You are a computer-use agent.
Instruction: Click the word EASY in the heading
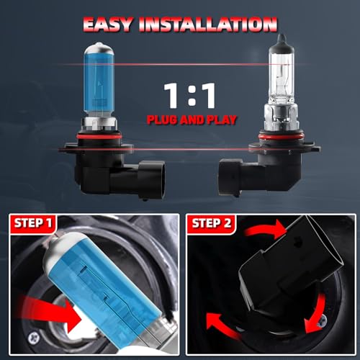pos(107,24)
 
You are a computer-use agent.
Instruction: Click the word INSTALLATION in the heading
pos(208,24)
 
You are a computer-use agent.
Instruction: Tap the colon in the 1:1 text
pos(192,96)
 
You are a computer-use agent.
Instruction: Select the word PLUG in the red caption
pos(162,120)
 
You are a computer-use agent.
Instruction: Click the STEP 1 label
pos(33,223)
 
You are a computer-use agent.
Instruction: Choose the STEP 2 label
pos(211,223)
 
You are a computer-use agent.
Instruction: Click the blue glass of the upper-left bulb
pos(99,83)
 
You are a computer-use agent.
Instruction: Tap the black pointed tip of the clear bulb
pos(281,39)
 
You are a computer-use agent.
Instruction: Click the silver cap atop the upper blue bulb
pos(99,48)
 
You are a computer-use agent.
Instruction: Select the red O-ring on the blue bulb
pos(99,137)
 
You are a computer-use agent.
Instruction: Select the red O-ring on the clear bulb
pos(281,137)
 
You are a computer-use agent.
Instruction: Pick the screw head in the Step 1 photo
pos(34,338)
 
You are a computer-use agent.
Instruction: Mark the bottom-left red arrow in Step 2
pos(222,326)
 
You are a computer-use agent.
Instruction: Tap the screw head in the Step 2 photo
pos(323,320)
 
